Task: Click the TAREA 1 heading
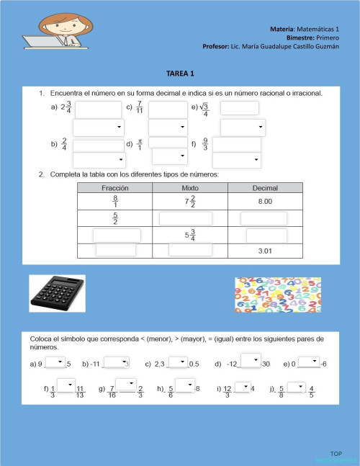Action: [180, 73]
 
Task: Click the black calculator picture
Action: [57, 293]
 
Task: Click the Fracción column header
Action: [114, 188]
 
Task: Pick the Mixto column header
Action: [190, 188]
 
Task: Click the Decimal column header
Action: [266, 188]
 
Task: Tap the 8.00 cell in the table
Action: [266, 202]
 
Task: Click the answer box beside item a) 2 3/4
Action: [98, 109]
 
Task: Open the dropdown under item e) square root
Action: [243, 127]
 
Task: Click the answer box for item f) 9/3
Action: [236, 144]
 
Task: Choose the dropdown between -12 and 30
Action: [250, 360]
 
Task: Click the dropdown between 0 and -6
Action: [309, 362]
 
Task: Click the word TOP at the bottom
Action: [336, 453]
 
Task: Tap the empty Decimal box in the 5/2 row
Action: [264, 218]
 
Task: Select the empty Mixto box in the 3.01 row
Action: [190, 250]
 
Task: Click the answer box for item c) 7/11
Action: [168, 109]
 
